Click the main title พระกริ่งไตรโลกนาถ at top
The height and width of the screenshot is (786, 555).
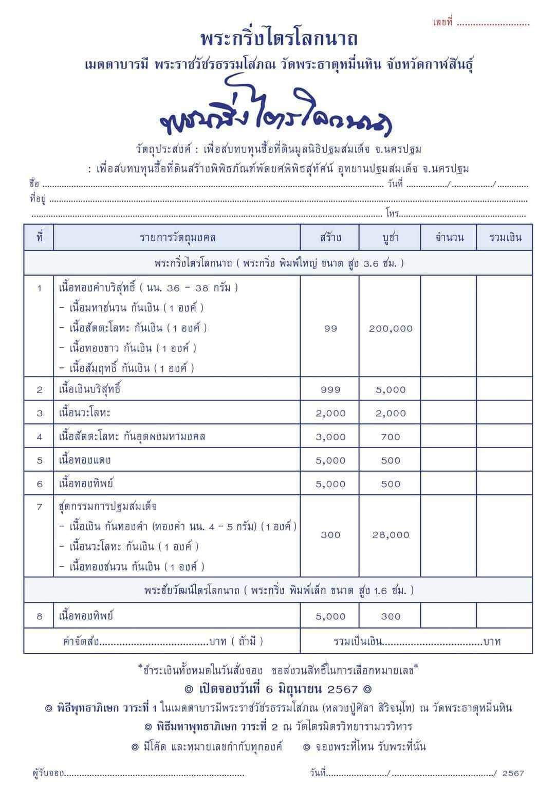[x=279, y=39]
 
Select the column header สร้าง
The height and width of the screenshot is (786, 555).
[x=330, y=238]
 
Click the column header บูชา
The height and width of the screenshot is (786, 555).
[x=390, y=238]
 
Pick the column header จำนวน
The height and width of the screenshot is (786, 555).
[x=449, y=238]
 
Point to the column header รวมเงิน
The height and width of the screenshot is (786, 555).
[x=505, y=238]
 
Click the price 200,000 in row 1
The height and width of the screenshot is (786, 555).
[x=391, y=328]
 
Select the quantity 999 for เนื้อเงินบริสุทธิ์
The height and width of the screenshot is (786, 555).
[x=330, y=389]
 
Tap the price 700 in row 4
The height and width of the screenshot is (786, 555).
[x=391, y=437]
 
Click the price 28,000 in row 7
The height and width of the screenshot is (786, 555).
[x=391, y=535]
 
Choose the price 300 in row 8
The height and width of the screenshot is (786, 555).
[x=391, y=616]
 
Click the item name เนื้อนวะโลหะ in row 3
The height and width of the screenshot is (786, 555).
[x=85, y=413]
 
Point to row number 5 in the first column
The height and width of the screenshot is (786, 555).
[x=40, y=460]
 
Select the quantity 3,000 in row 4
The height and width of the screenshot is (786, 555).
[x=330, y=437]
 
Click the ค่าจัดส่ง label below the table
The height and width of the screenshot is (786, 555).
[x=80, y=641]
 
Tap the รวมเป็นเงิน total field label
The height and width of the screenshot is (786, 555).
[x=358, y=641]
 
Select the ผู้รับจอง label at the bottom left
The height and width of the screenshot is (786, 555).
[x=47, y=773]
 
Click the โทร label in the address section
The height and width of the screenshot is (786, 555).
[x=393, y=214]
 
